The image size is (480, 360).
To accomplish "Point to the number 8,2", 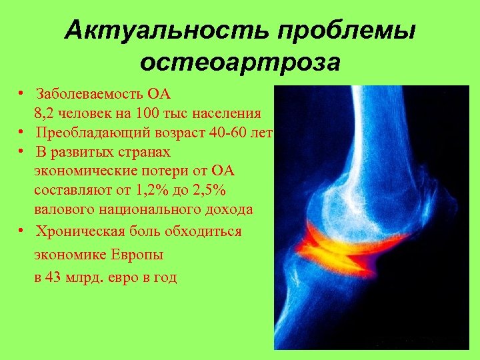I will [x=45, y=113].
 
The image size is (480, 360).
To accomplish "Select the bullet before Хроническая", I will [x=22, y=231].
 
